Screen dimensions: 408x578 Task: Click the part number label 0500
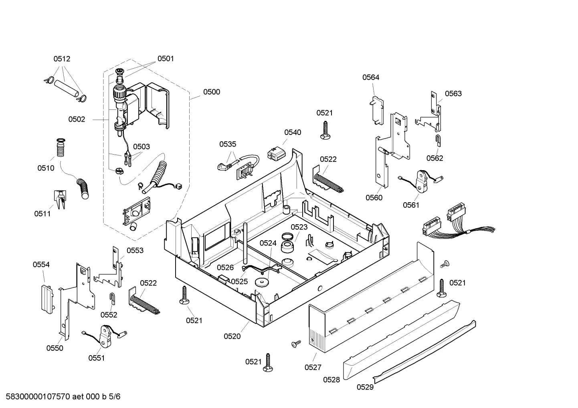coord(211,92)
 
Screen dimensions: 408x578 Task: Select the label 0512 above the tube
coord(62,59)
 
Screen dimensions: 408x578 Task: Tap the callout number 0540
coord(293,132)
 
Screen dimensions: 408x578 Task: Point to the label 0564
coord(371,77)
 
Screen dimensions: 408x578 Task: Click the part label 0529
coord(365,387)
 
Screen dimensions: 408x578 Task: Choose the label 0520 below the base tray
coord(232,336)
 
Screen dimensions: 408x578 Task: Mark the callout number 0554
coord(41,264)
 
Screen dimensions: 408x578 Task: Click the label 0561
coord(411,205)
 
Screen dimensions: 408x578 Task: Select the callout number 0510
coord(46,168)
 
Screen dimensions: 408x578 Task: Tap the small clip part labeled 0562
coord(438,140)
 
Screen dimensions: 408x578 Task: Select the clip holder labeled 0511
coord(60,199)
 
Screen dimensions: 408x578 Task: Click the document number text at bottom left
coord(61,396)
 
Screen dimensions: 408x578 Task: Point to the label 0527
coord(313,367)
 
